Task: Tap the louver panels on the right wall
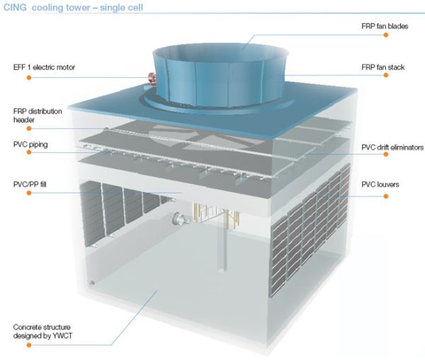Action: pyautogui.click(x=312, y=220)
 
